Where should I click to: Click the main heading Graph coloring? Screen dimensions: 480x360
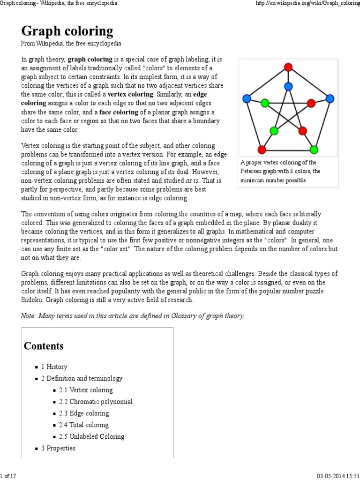tap(67, 31)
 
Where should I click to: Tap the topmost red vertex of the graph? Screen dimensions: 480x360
tap(288, 67)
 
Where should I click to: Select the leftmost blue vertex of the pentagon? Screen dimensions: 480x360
tap(247, 98)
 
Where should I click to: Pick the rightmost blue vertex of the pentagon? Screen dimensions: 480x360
tap(330, 98)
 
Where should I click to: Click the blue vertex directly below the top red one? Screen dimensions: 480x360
tap(288, 86)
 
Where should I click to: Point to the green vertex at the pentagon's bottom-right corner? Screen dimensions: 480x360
tap(314, 150)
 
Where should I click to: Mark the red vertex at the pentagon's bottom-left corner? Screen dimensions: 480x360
tap(262, 150)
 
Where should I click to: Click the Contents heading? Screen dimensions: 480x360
tap(44, 346)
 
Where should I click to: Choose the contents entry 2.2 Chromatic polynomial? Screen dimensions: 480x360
tap(96, 402)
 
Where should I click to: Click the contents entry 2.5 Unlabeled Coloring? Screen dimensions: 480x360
tap(91, 436)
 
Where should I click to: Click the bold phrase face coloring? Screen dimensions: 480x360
tap(119, 112)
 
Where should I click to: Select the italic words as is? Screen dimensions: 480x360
tap(192, 180)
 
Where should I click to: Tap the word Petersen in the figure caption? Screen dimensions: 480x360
tap(253, 172)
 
